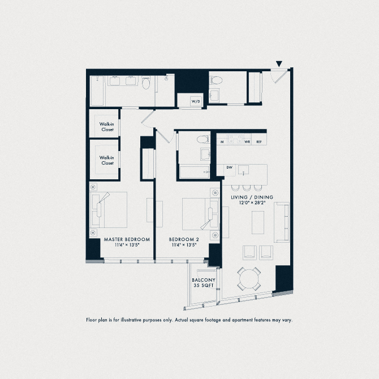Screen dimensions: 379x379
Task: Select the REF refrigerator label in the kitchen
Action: click(x=259, y=141)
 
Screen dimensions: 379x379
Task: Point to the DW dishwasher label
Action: click(x=229, y=167)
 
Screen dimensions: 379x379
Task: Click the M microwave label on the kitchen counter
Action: click(x=222, y=141)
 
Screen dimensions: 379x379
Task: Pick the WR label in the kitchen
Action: click(x=247, y=141)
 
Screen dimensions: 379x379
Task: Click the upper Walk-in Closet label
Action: click(x=107, y=127)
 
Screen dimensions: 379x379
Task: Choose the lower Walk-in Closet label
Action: click(x=107, y=160)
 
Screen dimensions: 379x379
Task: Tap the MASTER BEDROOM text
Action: click(x=127, y=239)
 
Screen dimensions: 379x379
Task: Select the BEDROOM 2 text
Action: click(x=184, y=239)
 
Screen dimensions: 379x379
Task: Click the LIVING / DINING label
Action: click(x=252, y=197)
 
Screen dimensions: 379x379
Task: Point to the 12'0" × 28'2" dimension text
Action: click(x=252, y=203)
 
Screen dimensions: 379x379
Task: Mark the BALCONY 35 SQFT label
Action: click(x=203, y=283)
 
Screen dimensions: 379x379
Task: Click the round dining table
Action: click(x=249, y=278)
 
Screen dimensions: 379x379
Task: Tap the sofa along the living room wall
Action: click(x=281, y=221)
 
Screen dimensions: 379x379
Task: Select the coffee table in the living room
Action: click(x=258, y=220)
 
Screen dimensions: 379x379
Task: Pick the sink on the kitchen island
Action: click(x=244, y=170)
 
